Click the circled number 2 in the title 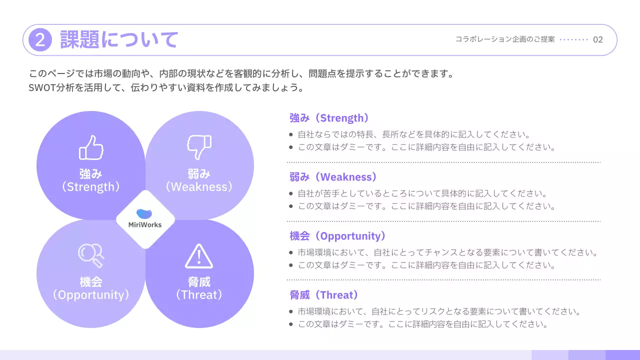(x=40, y=40)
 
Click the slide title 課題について (x=119, y=39)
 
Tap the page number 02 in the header (x=598, y=39)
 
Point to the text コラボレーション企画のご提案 (x=505, y=39)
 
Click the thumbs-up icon (x=91, y=147)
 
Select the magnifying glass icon (x=91, y=255)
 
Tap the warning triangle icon (x=199, y=256)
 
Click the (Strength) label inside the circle (x=91, y=187)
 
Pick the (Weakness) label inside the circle (x=199, y=187)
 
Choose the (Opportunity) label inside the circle (x=91, y=295)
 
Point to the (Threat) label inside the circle (x=199, y=295)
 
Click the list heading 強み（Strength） (x=330, y=118)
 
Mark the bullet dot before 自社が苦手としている (x=291, y=193)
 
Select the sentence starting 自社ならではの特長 (x=413, y=134)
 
